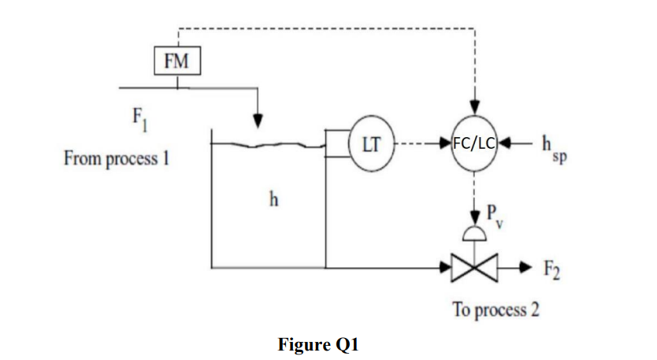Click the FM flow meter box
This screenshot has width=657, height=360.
(176, 61)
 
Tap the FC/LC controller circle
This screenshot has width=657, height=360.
(474, 144)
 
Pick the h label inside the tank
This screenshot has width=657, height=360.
(273, 199)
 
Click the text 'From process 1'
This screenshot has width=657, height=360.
(117, 158)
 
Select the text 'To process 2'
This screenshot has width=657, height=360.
(496, 309)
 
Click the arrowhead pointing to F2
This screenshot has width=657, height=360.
(521, 268)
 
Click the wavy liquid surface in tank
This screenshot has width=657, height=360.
(268, 144)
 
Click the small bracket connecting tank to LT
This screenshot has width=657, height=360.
(336, 144)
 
